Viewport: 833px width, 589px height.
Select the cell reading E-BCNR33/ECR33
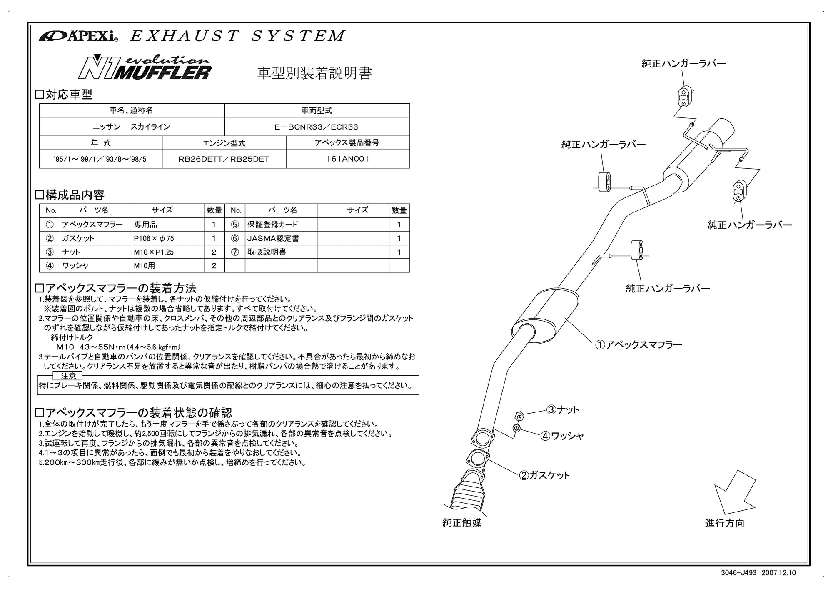coord(317,127)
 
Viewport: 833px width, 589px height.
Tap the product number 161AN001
coord(348,159)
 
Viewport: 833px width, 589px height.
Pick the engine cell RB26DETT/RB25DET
coord(224,159)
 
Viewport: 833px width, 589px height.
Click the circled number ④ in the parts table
coord(50,265)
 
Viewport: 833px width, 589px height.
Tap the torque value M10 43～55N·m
coord(118,347)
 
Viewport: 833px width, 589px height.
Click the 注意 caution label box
coord(69,376)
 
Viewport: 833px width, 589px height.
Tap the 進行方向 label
coord(724,523)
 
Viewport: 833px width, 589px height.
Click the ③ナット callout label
coord(563,410)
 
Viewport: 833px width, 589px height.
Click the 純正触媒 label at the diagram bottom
coord(462,523)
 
